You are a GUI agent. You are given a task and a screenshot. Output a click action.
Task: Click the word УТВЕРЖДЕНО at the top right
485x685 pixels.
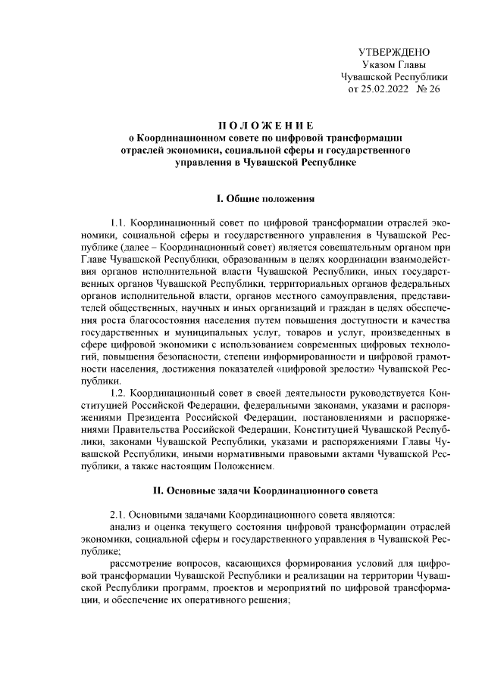[x=394, y=52]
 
